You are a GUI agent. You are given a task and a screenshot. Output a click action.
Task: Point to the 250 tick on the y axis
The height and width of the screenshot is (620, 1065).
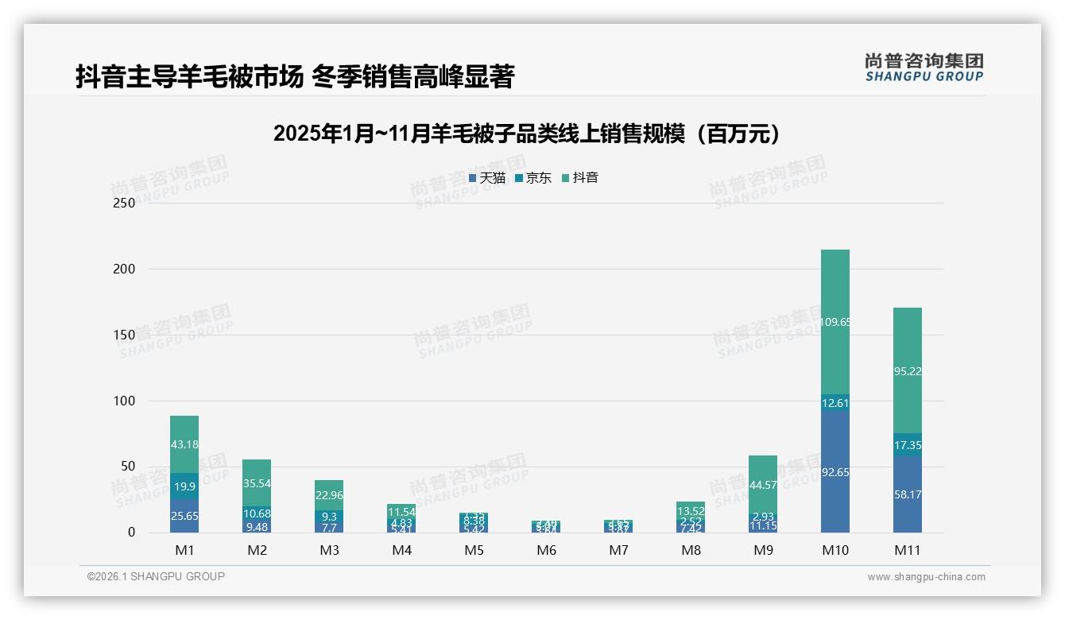pyautogui.click(x=124, y=203)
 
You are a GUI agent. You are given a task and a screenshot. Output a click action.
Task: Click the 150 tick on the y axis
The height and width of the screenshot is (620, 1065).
pyautogui.click(x=124, y=335)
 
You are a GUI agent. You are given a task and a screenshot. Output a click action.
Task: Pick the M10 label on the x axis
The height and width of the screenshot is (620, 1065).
pyautogui.click(x=835, y=550)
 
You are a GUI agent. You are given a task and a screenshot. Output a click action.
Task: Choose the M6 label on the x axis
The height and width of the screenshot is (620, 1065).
pyautogui.click(x=546, y=550)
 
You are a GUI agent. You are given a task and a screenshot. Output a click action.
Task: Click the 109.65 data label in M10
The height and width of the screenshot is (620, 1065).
pyautogui.click(x=835, y=322)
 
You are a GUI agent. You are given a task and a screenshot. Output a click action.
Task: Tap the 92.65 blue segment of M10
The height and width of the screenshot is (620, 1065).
pyautogui.click(x=835, y=471)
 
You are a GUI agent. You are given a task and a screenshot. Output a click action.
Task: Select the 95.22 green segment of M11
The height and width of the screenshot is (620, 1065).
pyautogui.click(x=907, y=370)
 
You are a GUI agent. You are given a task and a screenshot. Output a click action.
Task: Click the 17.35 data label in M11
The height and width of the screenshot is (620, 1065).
pyautogui.click(x=907, y=446)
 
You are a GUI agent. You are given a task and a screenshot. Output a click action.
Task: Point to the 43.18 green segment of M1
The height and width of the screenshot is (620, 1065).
pyautogui.click(x=184, y=444)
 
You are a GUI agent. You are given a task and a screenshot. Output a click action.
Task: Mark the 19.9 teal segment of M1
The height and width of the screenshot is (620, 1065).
pyautogui.click(x=184, y=486)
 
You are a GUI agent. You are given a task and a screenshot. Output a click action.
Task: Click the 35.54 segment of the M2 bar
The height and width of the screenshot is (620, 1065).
pyautogui.click(x=257, y=482)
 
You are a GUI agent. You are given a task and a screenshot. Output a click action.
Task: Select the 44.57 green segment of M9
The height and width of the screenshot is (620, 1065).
pyautogui.click(x=763, y=485)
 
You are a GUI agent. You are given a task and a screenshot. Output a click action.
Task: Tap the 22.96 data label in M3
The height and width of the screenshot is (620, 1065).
pyautogui.click(x=329, y=494)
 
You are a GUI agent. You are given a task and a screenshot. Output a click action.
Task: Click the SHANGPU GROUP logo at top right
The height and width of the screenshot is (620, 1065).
pyautogui.click(x=924, y=68)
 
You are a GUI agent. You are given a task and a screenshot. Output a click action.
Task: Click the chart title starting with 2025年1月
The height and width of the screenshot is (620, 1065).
pyautogui.click(x=526, y=134)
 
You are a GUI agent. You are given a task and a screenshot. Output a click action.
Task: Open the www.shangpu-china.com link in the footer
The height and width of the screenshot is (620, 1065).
pyautogui.click(x=926, y=577)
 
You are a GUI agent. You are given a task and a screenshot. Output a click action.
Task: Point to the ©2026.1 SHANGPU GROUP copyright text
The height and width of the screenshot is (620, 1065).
pyautogui.click(x=156, y=576)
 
